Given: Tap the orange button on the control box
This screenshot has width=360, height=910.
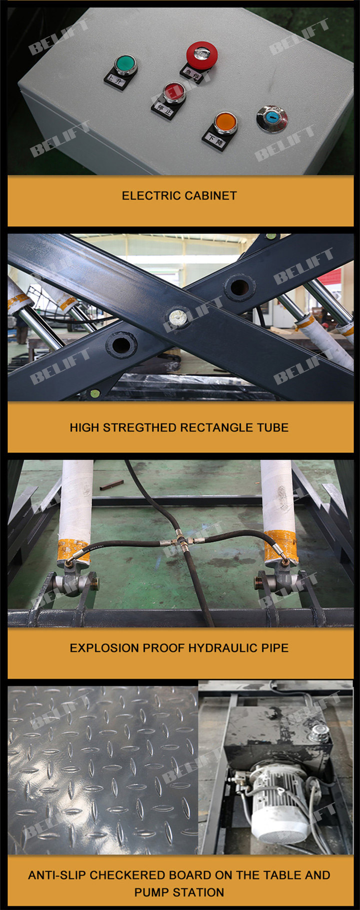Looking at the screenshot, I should [225, 123].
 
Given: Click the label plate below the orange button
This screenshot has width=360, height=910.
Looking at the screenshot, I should [214, 140].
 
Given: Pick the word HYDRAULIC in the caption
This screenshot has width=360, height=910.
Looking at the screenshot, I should [223, 648].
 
